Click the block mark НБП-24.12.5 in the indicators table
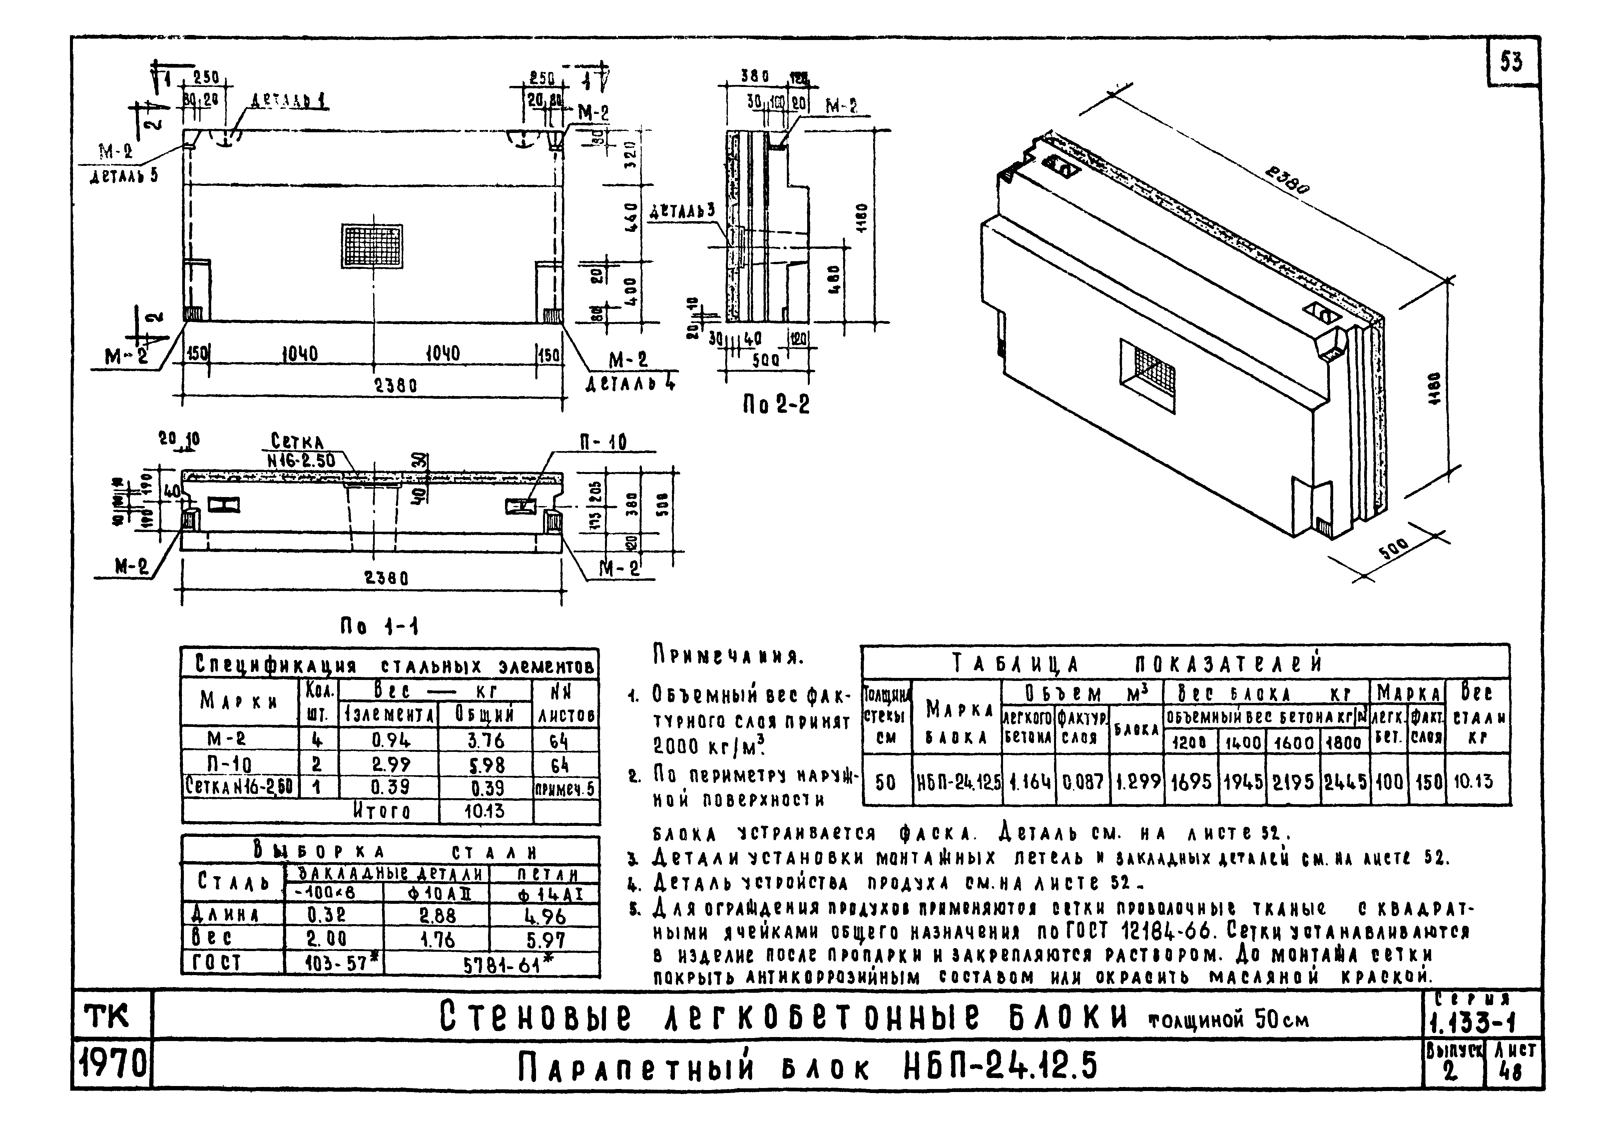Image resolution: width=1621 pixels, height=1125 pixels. coord(957,781)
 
